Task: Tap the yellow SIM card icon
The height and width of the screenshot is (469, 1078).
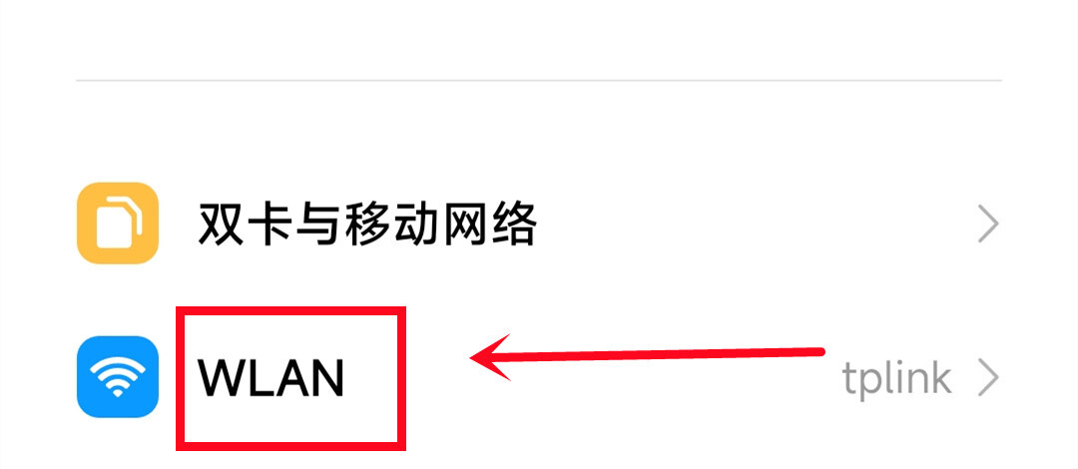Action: [118, 223]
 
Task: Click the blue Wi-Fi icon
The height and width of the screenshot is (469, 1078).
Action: [118, 377]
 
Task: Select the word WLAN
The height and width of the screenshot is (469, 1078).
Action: [270, 378]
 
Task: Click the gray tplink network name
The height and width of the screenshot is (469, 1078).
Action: [896, 379]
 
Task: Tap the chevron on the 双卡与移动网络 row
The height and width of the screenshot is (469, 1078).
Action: [988, 225]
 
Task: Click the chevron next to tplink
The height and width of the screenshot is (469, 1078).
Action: [988, 379]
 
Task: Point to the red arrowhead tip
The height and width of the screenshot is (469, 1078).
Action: [471, 357]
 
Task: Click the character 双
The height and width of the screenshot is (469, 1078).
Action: [222, 225]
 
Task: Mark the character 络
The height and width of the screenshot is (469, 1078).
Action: [512, 225]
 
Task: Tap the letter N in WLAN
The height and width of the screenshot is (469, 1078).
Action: [327, 378]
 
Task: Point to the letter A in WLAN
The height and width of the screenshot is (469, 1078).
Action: [291, 378]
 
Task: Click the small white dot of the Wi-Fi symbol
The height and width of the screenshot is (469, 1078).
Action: [118, 393]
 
